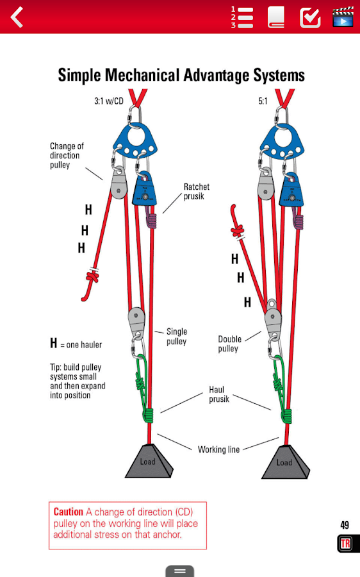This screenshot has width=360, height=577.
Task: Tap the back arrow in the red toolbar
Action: pyautogui.click(x=17, y=17)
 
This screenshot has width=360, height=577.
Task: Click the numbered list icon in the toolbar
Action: pyautogui.click(x=242, y=17)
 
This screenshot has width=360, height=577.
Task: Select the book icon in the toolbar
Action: pyautogui.click(x=276, y=17)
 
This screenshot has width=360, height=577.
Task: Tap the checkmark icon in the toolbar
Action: pyautogui.click(x=311, y=17)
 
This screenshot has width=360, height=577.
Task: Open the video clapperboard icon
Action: pyautogui.click(x=343, y=17)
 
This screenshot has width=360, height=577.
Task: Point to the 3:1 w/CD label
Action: pyautogui.click(x=109, y=101)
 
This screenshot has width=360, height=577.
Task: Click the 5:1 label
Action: pyautogui.click(x=263, y=101)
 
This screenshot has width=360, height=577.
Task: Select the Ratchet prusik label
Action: pyautogui.click(x=197, y=191)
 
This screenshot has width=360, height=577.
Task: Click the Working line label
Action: pyautogui.click(x=219, y=449)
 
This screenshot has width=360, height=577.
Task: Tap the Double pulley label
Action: pyautogui.click(x=230, y=344)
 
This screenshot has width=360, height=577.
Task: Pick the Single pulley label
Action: pyautogui.click(x=177, y=337)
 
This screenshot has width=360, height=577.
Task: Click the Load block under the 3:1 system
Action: pyautogui.click(x=149, y=462)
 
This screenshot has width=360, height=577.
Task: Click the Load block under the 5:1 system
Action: pyautogui.click(x=285, y=462)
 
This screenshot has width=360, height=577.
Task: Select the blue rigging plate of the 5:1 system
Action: pyautogui.click(x=282, y=141)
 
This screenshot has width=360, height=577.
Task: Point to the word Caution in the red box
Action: pyautogui.click(x=69, y=512)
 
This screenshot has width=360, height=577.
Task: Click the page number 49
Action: pyautogui.click(x=345, y=525)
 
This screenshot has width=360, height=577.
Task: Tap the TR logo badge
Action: pyautogui.click(x=345, y=544)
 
